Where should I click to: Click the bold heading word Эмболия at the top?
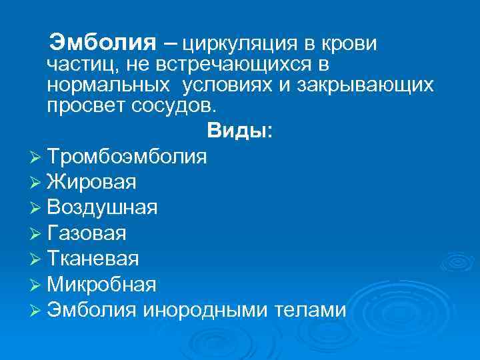click(x=103, y=43)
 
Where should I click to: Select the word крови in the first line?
click(x=348, y=44)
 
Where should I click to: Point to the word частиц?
click(x=76, y=65)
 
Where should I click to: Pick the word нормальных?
click(x=107, y=86)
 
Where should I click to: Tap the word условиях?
click(x=229, y=86)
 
